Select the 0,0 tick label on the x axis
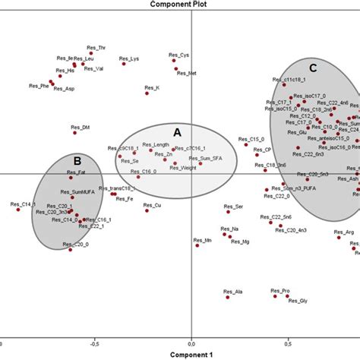point(192,343)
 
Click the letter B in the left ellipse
point(77,160)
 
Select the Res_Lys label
point(130,59)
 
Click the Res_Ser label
point(235,207)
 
